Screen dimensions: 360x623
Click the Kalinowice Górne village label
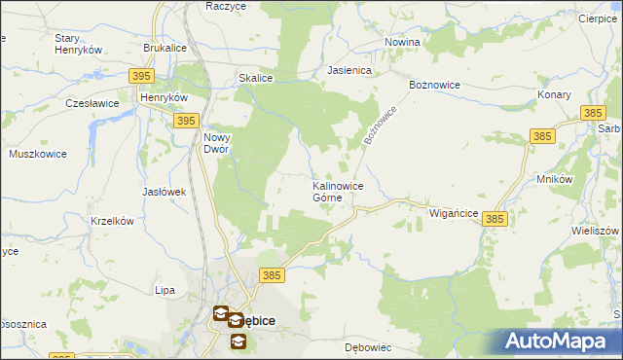[x=338, y=192]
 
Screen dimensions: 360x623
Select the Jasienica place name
[x=350, y=70]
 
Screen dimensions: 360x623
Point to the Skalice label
[x=255, y=78]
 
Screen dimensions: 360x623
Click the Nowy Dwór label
[x=215, y=143]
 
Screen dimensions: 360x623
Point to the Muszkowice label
[x=36, y=154]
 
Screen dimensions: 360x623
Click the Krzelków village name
[x=111, y=221]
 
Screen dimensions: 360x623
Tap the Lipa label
[x=165, y=290]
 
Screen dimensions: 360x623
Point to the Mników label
[x=554, y=180]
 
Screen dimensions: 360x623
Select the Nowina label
[x=402, y=42]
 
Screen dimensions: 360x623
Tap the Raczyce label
[x=226, y=6]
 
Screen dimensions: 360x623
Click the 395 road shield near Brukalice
[x=141, y=76]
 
